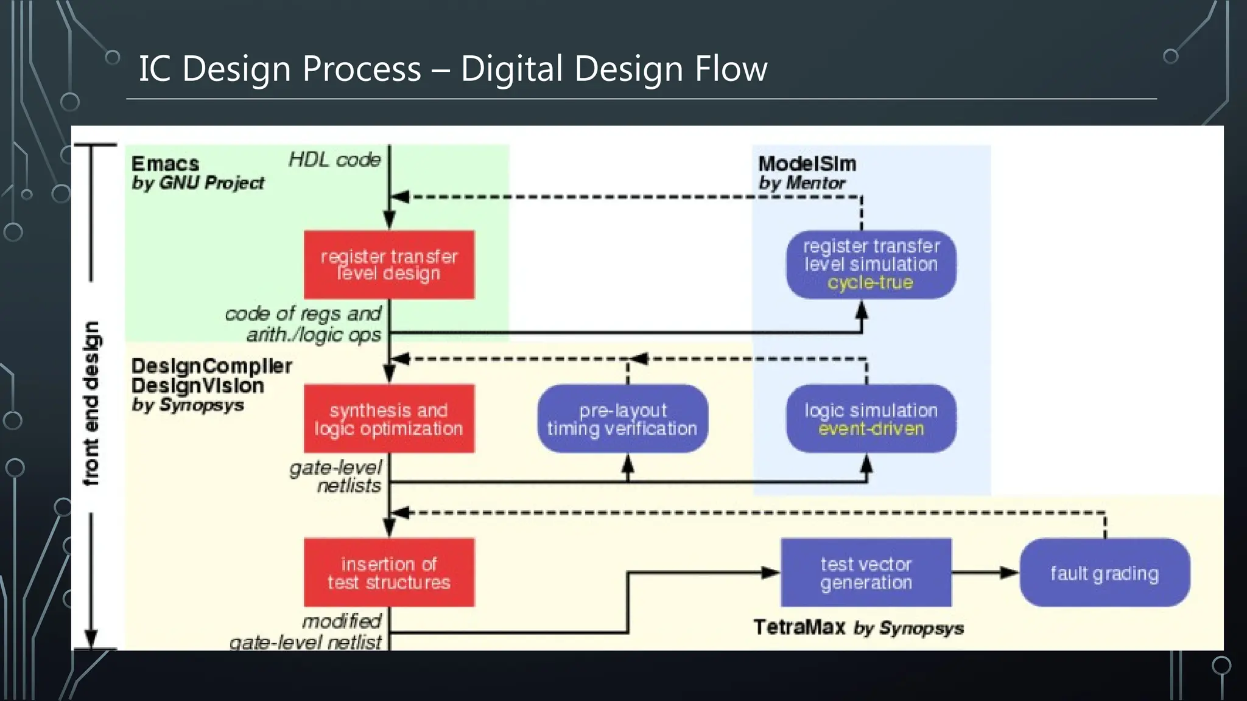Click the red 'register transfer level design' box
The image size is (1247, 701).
(389, 265)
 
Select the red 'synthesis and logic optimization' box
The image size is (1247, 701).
(389, 419)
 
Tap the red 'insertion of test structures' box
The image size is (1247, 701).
(389, 573)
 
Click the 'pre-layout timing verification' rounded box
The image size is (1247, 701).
(622, 419)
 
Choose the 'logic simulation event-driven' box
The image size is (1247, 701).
(871, 419)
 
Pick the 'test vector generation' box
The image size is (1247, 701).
(866, 573)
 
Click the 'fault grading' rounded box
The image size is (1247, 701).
(1105, 573)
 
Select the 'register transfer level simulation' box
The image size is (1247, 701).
(871, 263)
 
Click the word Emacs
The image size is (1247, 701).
(165, 164)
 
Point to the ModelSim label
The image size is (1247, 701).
(807, 164)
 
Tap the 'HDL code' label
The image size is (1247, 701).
(334, 160)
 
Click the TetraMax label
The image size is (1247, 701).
(799, 627)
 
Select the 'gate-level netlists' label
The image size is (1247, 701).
(336, 476)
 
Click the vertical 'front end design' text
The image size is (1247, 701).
(91, 403)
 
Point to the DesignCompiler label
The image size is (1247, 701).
(211, 366)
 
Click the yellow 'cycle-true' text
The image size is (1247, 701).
(870, 282)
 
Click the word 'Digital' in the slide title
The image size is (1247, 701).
(511, 68)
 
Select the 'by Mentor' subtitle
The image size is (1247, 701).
(802, 183)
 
